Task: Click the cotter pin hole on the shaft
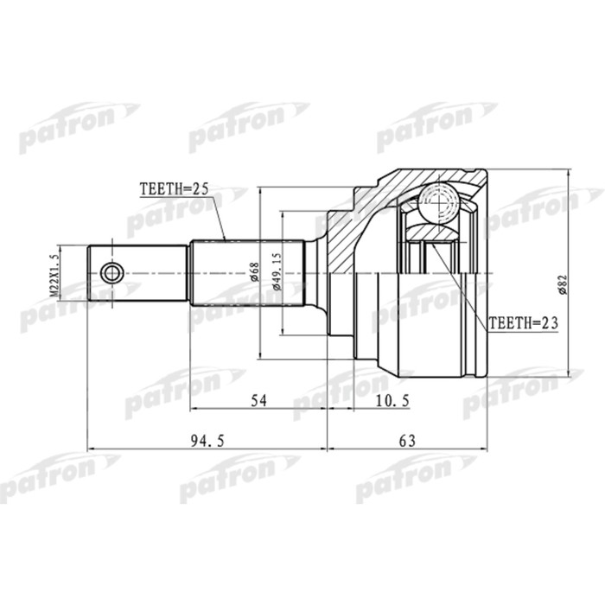point(111,274)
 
